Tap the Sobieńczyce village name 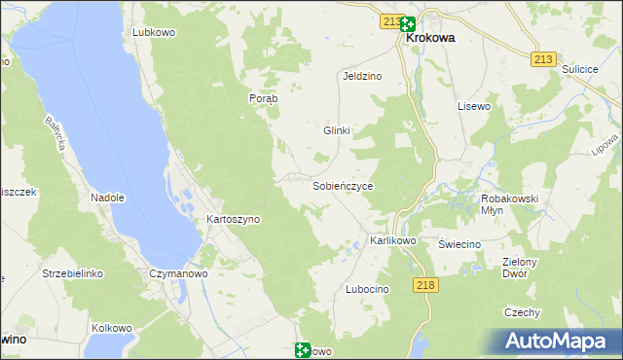coord(342,185)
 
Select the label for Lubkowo coord(154,32)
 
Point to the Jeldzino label coord(361,75)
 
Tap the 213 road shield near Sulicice coord(544,59)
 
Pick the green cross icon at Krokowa coord(407,25)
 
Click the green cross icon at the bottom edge coord(303,350)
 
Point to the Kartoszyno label coord(234,220)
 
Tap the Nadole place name coord(108,198)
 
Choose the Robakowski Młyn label coord(510,204)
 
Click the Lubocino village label coord(368,290)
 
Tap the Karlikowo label coord(393,240)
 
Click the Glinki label coord(336,130)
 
